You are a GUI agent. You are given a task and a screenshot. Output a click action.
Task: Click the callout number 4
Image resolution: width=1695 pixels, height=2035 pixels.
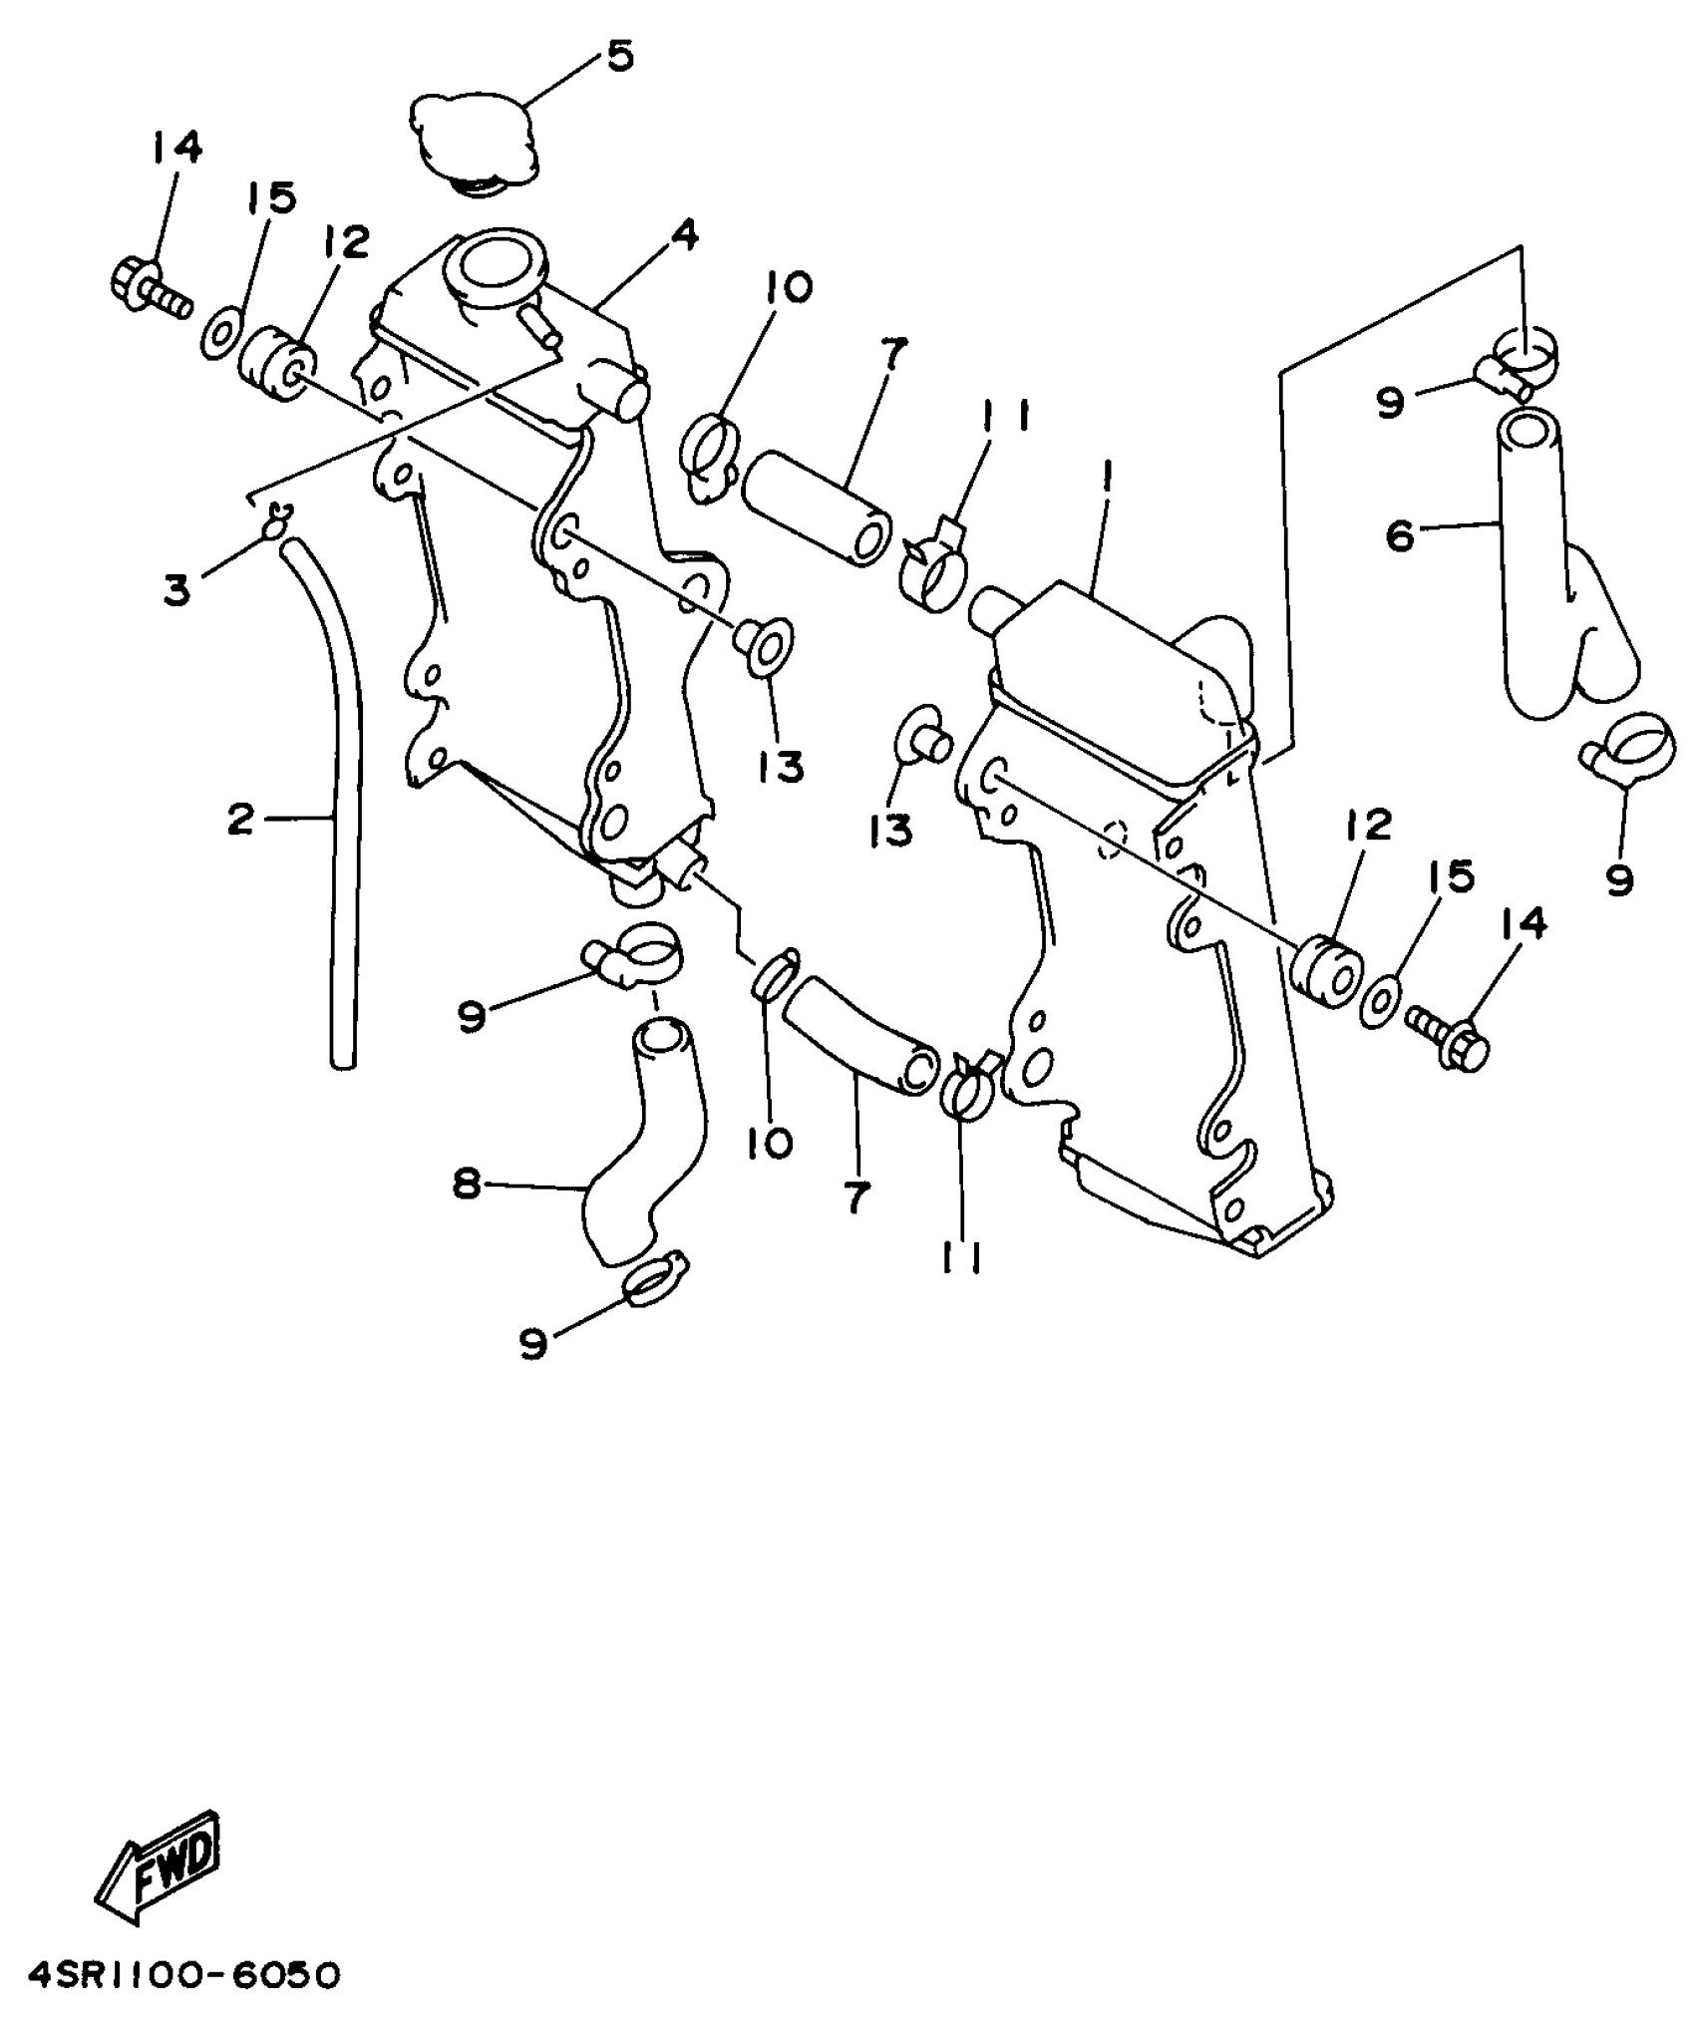pyautogui.click(x=683, y=236)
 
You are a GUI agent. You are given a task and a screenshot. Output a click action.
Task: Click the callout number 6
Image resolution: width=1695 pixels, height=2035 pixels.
pyautogui.click(x=1400, y=536)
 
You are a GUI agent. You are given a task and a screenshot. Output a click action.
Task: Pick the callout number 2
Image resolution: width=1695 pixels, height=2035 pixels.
pyautogui.click(x=240, y=820)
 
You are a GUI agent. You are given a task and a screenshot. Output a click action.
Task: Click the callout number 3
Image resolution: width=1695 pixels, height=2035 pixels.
pyautogui.click(x=176, y=590)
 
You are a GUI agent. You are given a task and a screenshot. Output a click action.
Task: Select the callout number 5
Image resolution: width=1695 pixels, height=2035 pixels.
pyautogui.click(x=619, y=57)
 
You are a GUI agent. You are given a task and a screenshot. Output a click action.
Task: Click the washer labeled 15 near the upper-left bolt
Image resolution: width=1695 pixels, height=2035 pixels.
pyautogui.click(x=221, y=332)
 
